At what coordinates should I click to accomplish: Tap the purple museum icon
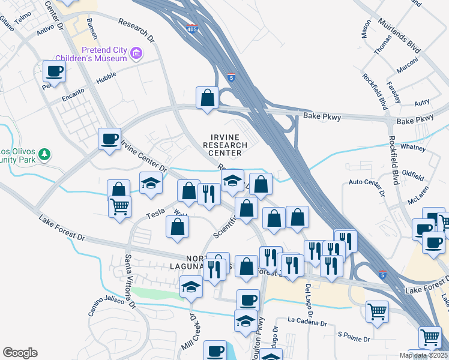click(x=137, y=54)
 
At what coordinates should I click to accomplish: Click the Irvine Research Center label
click(x=225, y=145)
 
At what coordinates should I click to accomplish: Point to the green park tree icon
click(x=44, y=155)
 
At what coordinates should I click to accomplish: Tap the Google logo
click(x=20, y=353)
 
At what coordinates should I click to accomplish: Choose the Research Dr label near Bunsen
click(x=136, y=31)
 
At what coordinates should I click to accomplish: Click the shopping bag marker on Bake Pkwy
click(x=207, y=98)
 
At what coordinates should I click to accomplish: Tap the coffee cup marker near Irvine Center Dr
click(x=110, y=139)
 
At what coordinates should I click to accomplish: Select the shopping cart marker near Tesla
click(x=120, y=206)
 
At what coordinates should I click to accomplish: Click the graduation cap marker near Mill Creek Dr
click(x=191, y=287)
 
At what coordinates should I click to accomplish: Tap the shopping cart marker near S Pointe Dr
click(x=376, y=311)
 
